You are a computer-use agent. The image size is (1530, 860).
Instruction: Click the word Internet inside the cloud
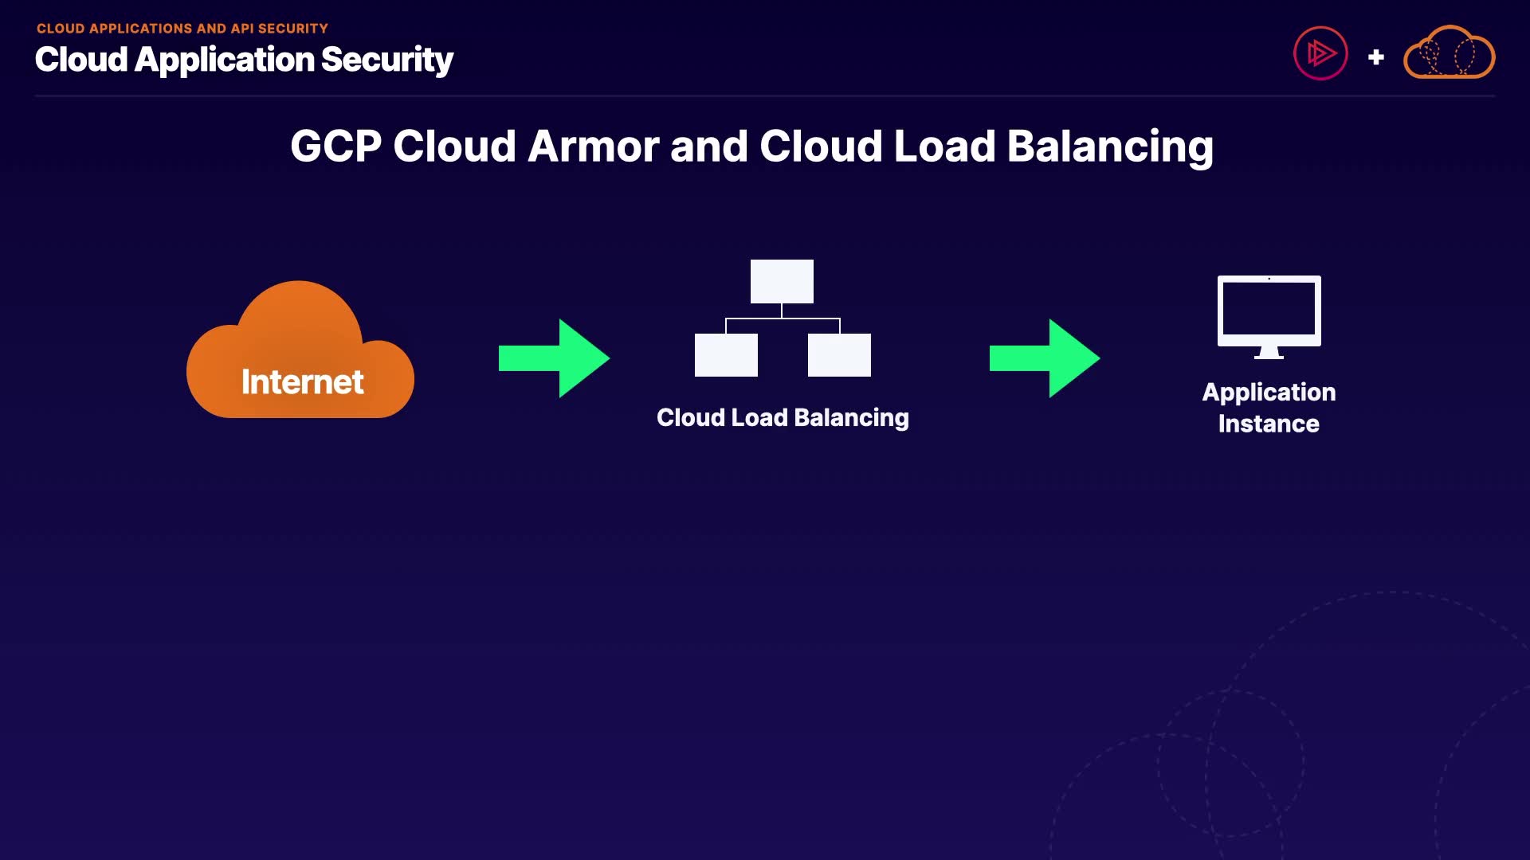click(x=302, y=382)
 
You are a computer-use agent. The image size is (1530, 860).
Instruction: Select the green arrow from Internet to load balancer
click(x=554, y=358)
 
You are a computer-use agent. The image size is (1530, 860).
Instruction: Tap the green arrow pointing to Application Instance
click(x=1045, y=358)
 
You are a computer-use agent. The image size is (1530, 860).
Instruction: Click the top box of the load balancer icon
click(x=782, y=281)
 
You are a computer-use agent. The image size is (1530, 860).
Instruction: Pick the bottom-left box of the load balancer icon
click(x=726, y=355)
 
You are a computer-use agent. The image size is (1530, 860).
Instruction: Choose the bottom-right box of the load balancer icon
click(x=839, y=355)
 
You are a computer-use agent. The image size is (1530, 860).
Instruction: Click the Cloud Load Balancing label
click(x=783, y=418)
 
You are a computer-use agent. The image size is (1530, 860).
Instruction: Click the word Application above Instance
click(x=1269, y=393)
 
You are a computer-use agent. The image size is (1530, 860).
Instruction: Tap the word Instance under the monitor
click(x=1269, y=424)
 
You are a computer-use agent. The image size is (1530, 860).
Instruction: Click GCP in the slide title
click(x=335, y=147)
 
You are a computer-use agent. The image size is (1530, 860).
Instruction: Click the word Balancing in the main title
click(x=1109, y=148)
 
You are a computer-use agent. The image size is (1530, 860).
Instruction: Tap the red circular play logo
click(x=1320, y=54)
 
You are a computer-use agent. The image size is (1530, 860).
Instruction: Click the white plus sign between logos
click(x=1375, y=57)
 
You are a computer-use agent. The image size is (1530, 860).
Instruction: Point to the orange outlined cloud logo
click(x=1449, y=54)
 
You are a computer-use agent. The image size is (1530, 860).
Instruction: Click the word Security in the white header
click(x=387, y=61)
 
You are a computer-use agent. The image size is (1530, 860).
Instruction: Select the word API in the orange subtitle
click(x=241, y=29)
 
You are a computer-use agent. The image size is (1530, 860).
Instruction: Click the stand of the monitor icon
click(x=1269, y=353)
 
